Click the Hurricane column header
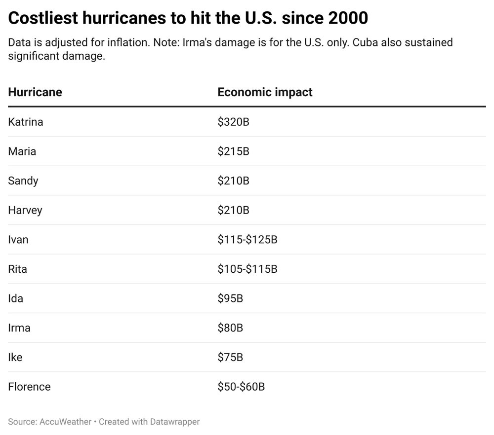35,92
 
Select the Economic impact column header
265,92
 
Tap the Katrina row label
26,122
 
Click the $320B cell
234,122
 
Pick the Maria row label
22,151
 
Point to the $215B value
234,151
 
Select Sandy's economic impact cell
234,181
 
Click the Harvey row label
25,210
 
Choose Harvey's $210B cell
234,210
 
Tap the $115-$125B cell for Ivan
247,239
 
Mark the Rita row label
18,269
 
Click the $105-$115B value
247,269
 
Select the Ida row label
16,298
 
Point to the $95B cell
230,298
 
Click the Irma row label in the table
19,328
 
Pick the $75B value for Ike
230,357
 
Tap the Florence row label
29,387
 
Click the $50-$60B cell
242,387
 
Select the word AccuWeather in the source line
65,422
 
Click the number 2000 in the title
348,18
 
